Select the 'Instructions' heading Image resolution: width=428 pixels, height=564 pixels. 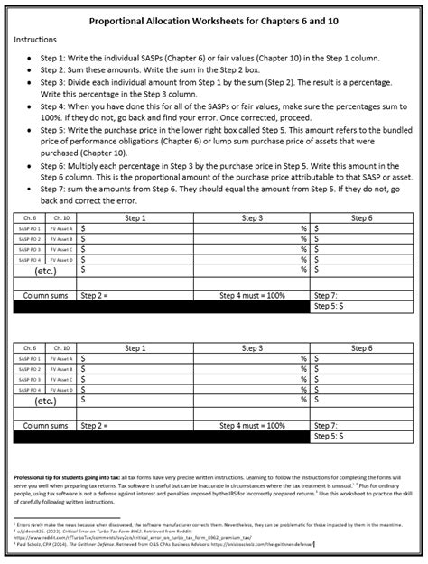pos(35,40)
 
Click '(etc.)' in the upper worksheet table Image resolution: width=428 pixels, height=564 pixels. pos(48,269)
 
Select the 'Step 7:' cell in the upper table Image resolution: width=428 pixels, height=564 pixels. pos(325,295)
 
